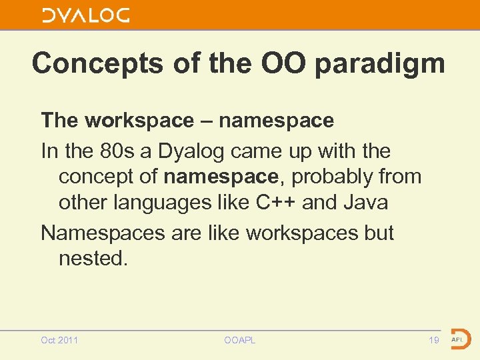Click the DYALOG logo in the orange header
[x=86, y=15]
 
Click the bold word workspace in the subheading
[x=139, y=121]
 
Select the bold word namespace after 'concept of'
[x=219, y=177]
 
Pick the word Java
[x=366, y=202]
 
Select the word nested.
[x=92, y=258]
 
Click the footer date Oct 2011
[x=59, y=340]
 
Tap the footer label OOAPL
[x=239, y=340]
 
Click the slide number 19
[x=433, y=340]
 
